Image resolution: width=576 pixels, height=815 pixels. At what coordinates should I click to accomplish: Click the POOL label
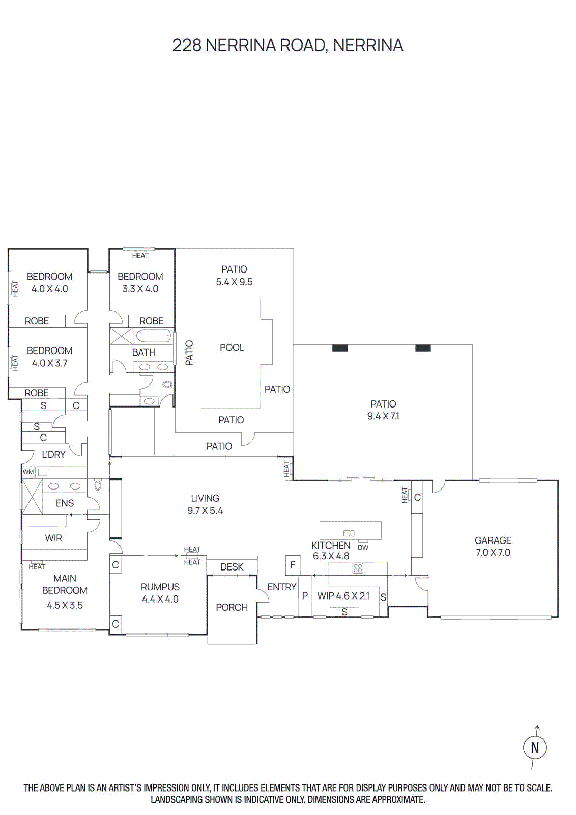tap(232, 348)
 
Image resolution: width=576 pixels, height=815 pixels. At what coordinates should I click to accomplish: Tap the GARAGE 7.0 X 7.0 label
tap(493, 547)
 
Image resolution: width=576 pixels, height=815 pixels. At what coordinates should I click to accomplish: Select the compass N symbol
tap(535, 748)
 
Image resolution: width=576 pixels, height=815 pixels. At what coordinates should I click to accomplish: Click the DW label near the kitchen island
tap(363, 548)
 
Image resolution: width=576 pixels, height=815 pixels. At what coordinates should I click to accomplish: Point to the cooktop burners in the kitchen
tap(358, 568)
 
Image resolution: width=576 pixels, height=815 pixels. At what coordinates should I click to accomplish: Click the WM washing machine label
tap(28, 472)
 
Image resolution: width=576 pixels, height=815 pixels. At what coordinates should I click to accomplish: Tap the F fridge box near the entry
tap(293, 565)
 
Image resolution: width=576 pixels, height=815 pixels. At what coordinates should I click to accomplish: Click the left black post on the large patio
tap(340, 348)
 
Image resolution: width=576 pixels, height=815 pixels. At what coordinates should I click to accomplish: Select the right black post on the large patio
tap(423, 348)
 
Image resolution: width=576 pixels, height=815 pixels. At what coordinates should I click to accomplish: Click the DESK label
tap(232, 567)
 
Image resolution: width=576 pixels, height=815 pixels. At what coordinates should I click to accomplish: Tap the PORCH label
tap(232, 607)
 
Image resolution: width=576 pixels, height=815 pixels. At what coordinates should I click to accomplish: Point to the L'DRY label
tap(53, 455)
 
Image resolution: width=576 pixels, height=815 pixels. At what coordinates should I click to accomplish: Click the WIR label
tap(53, 538)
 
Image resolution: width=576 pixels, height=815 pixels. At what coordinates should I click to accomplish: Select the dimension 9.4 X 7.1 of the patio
tap(383, 416)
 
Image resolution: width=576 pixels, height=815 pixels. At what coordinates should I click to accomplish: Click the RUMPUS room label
tap(160, 587)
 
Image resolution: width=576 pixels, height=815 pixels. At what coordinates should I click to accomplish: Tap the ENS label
tap(65, 503)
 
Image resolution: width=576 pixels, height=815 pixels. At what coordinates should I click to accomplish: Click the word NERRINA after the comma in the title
tap(368, 45)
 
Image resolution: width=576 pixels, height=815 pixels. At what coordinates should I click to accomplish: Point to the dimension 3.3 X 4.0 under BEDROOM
tap(140, 289)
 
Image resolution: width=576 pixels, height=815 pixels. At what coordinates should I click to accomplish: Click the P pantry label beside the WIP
tap(305, 595)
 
